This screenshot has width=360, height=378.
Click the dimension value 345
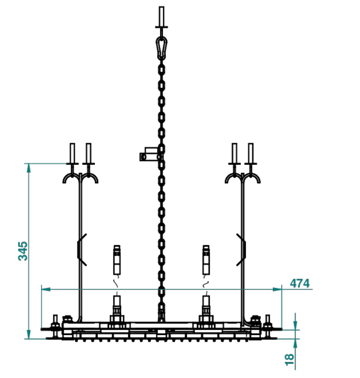pyautogui.click(x=23, y=251)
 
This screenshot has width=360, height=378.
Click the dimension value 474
pyautogui.click(x=299, y=283)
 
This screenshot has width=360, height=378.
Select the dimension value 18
pyautogui.click(x=289, y=359)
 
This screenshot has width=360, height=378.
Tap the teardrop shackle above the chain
pyautogui.click(x=161, y=48)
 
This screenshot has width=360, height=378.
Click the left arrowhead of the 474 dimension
pyautogui.click(x=46, y=289)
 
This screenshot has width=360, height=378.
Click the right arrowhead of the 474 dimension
pyautogui.click(x=277, y=289)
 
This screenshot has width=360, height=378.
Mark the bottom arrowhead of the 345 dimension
pyautogui.click(x=29, y=334)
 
